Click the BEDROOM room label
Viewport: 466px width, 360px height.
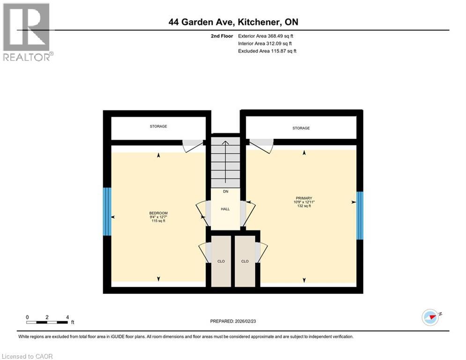tap(158, 213)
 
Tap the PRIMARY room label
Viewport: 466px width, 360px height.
tap(303, 198)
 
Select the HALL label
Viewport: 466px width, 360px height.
tap(225, 209)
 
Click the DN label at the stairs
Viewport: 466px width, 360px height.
tap(225, 192)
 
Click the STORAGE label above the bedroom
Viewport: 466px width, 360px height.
tap(158, 127)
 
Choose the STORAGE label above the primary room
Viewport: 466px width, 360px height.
tap(301, 128)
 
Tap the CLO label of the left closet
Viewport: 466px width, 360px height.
tap(221, 261)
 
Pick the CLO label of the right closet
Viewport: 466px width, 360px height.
tap(245, 261)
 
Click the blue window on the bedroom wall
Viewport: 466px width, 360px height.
tap(107, 211)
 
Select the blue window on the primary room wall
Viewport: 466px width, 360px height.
tap(360, 215)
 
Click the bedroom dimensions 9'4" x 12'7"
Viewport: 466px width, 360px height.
tap(158, 217)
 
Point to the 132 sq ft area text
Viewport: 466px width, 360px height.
tap(303, 206)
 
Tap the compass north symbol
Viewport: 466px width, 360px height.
tap(430, 316)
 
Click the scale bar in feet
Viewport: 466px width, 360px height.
tap(47, 322)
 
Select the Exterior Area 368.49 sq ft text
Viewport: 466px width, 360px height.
tap(266, 36)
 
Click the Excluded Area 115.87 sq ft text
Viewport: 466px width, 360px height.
tap(267, 51)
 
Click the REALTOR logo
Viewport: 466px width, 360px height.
tap(27, 32)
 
